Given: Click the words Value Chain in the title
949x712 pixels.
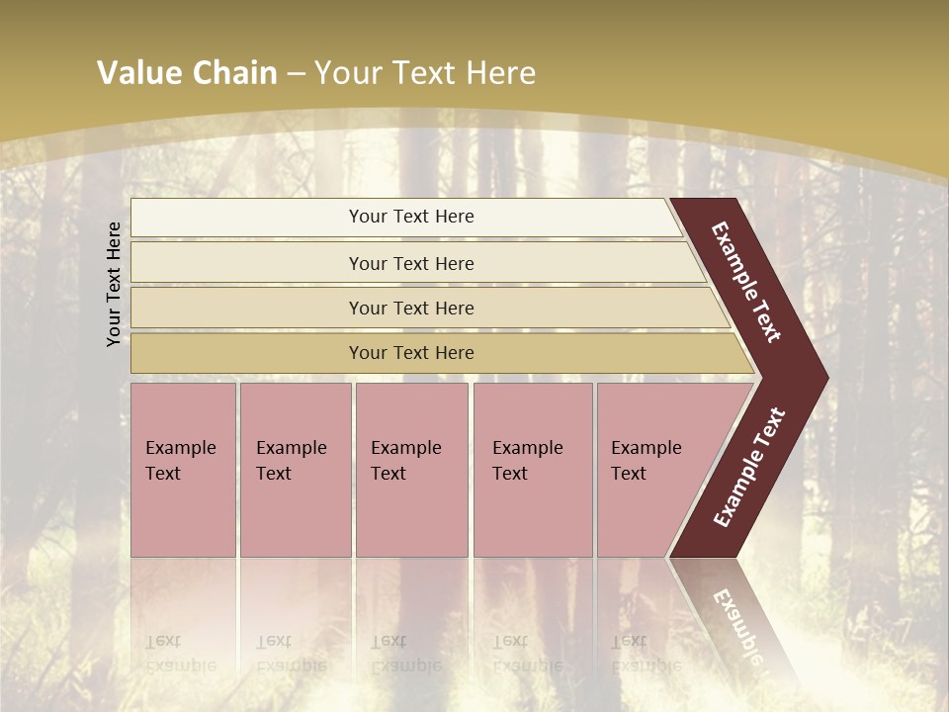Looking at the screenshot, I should pyautogui.click(x=187, y=73).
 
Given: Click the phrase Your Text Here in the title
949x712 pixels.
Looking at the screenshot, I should pyautogui.click(x=425, y=73).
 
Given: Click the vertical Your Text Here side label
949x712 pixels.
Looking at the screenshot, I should pyautogui.click(x=114, y=284).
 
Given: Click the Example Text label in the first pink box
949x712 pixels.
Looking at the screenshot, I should pyautogui.click(x=180, y=461).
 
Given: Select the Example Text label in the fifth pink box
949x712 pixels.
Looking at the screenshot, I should pyautogui.click(x=646, y=461).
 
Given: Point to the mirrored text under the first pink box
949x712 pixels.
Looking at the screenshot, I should pyautogui.click(x=180, y=654).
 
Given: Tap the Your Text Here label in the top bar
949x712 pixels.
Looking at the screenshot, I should pyautogui.click(x=411, y=217).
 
